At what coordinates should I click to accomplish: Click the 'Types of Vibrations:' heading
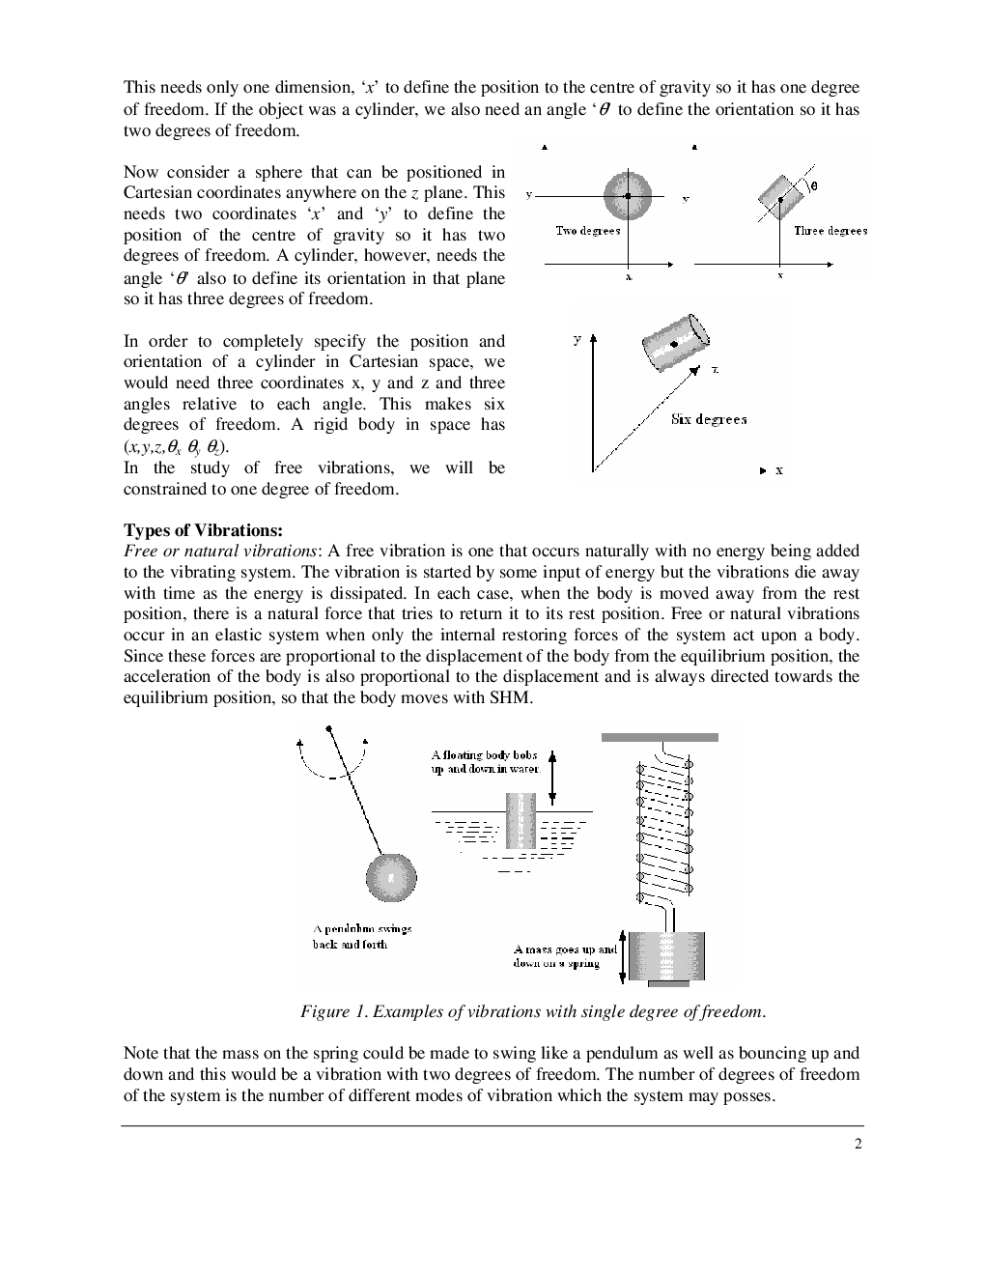click(203, 530)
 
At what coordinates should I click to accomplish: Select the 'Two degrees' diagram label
click(587, 231)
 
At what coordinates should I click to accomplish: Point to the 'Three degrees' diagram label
click(830, 231)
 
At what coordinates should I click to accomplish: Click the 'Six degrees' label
click(709, 419)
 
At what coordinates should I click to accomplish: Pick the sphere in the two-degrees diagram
click(628, 196)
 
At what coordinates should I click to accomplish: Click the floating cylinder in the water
click(521, 820)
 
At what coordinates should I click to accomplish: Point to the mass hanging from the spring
click(666, 956)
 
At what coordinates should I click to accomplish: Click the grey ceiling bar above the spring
click(660, 737)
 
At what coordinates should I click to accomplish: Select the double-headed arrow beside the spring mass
click(623, 955)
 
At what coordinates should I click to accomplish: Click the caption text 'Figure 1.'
click(333, 1012)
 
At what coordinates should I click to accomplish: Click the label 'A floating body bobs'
click(484, 754)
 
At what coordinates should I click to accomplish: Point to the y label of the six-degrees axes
click(577, 340)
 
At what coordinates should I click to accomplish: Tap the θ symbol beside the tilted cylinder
click(813, 186)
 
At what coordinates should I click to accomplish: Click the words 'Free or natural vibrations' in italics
click(223, 551)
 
